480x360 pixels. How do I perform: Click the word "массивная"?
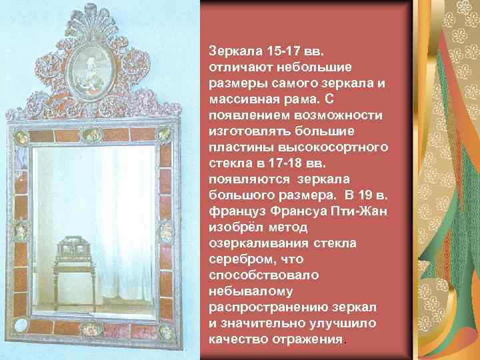pyautogui.click(x=239, y=99)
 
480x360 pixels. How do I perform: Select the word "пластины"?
pyautogui.click(x=237, y=147)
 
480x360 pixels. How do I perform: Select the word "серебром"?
pyautogui.click(x=236, y=259)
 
